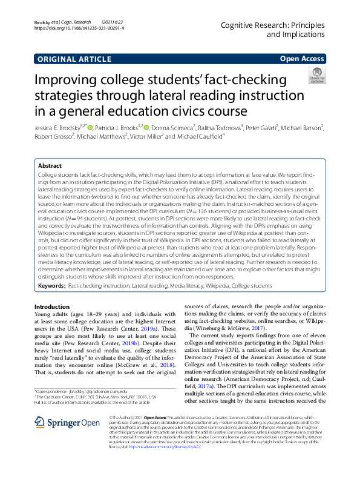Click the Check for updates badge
[x=316, y=78]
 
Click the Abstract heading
[x=50, y=165]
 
